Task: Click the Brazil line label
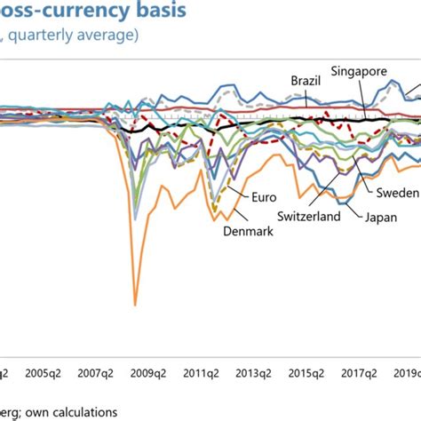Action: pos(306,81)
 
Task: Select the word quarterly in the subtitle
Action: pos(52,36)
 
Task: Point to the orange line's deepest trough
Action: pos(135,304)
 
